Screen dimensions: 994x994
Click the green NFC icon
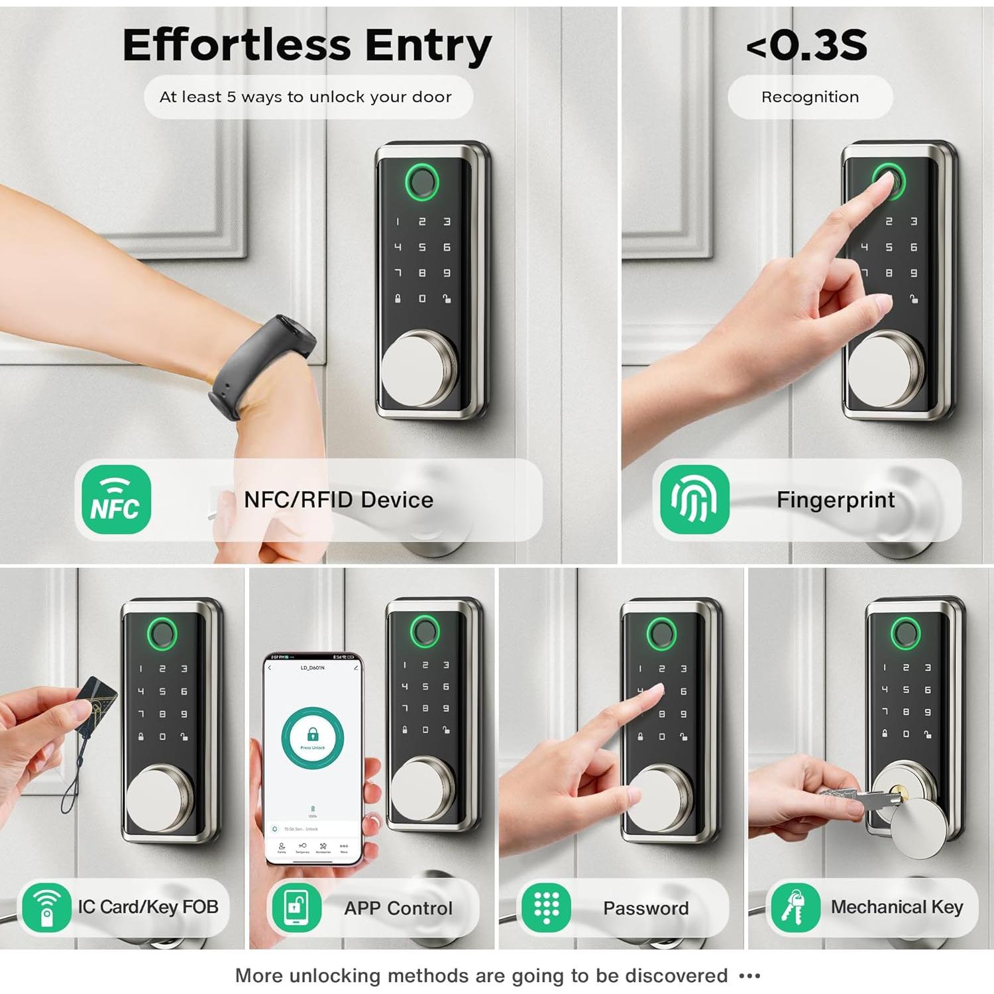tap(116, 500)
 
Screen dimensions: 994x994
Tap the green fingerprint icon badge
tap(694, 500)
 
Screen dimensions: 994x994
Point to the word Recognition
tap(810, 97)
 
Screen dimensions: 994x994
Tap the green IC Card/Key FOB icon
tap(46, 907)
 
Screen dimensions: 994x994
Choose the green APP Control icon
tap(296, 907)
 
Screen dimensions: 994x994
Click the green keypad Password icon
tap(546, 907)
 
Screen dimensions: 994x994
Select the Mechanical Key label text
tap(897, 907)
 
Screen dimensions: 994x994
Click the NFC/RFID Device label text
tap(338, 500)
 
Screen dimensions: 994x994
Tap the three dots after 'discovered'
tap(749, 975)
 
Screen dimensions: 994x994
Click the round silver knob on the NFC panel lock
tap(417, 368)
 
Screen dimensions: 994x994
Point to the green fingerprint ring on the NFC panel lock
tap(422, 181)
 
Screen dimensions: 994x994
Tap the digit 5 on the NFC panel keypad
tap(422, 247)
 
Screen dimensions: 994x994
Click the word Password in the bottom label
tap(645, 908)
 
